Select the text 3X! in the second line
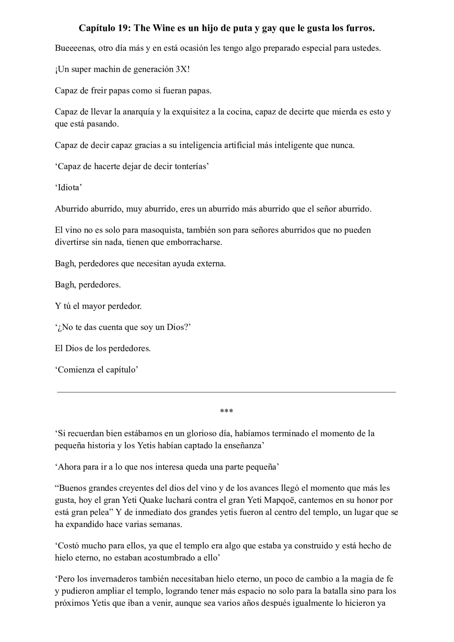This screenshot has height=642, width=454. click(x=183, y=69)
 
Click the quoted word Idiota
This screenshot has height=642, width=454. click(x=68, y=187)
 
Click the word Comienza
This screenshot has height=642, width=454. click(x=76, y=370)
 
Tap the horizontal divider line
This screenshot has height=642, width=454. click(x=226, y=392)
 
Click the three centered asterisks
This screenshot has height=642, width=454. click(x=226, y=412)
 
